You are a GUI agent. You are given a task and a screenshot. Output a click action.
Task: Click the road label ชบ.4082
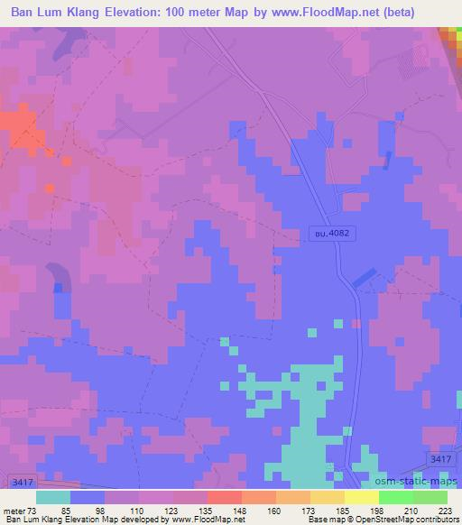tap(329, 233)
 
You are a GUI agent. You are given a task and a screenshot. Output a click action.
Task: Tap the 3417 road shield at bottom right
tap(440, 459)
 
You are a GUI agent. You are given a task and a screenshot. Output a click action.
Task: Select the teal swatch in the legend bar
tap(53, 497)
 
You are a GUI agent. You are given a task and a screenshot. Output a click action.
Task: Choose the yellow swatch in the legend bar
tap(362, 497)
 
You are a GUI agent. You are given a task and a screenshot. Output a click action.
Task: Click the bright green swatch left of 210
tap(396, 497)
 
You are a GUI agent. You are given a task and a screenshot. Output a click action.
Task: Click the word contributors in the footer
tap(433, 520)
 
